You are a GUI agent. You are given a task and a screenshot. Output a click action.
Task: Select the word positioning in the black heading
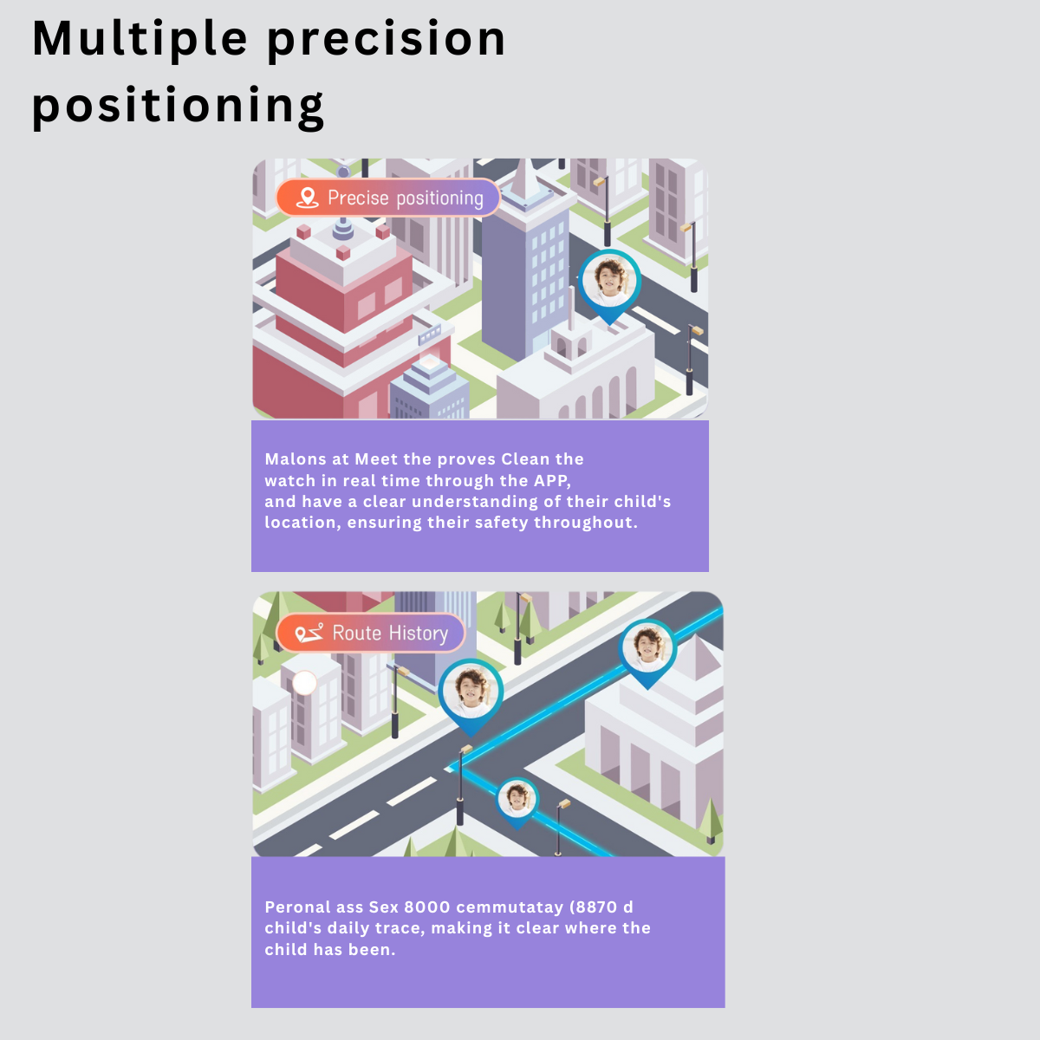[x=179, y=106]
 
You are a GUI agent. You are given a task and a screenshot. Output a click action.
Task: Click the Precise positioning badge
[x=388, y=198]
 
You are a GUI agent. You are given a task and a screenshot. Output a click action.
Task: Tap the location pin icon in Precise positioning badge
[x=307, y=198]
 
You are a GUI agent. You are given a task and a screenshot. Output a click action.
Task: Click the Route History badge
[x=371, y=633]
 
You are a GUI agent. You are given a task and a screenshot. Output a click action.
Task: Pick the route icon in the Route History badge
[x=309, y=633]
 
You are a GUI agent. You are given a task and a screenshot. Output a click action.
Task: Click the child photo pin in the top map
[x=610, y=287]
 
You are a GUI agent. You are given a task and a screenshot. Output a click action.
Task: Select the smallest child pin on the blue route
[x=517, y=803]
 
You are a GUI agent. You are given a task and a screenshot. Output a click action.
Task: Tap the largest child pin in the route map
[x=471, y=697]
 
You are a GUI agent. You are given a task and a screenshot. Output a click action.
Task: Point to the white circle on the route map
[x=304, y=683]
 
